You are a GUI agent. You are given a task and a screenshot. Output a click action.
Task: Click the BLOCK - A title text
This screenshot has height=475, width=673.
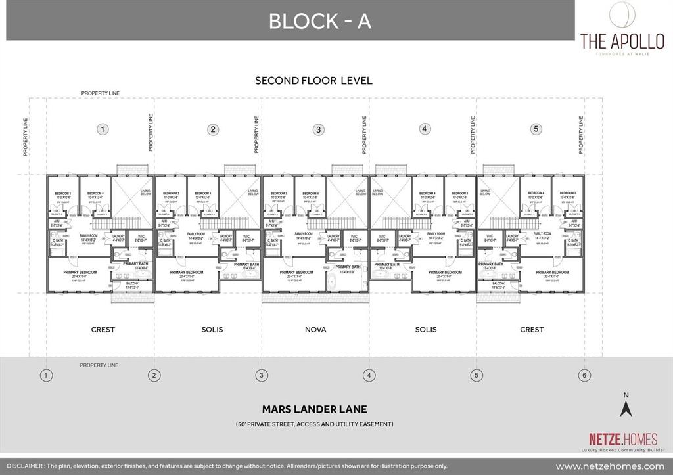click(x=319, y=21)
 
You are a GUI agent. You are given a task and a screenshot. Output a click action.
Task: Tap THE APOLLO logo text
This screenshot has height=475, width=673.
click(x=622, y=40)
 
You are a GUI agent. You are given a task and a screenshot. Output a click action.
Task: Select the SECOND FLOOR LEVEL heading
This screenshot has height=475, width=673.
click(x=313, y=81)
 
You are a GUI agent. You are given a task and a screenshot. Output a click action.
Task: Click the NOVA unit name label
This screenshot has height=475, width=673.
click(x=315, y=329)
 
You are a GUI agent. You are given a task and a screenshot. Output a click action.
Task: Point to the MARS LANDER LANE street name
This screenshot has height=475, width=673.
click(x=315, y=409)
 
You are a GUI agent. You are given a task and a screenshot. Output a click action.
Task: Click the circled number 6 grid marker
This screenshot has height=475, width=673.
click(x=584, y=376)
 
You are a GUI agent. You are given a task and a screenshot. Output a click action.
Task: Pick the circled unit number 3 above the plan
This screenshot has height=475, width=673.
click(x=318, y=129)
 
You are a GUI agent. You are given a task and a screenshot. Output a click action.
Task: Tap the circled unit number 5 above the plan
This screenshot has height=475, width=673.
click(x=536, y=129)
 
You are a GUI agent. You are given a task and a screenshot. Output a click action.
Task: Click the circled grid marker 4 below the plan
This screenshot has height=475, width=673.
click(x=369, y=376)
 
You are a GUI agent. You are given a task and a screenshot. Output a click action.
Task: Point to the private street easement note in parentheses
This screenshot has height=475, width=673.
click(x=315, y=424)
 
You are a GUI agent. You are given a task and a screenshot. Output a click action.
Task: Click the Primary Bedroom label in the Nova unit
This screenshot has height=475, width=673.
click(x=296, y=272)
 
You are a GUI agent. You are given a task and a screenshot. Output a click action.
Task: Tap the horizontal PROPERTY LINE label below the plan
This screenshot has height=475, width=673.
click(x=99, y=365)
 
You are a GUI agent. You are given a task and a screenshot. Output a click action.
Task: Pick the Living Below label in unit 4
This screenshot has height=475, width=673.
click(x=378, y=192)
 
